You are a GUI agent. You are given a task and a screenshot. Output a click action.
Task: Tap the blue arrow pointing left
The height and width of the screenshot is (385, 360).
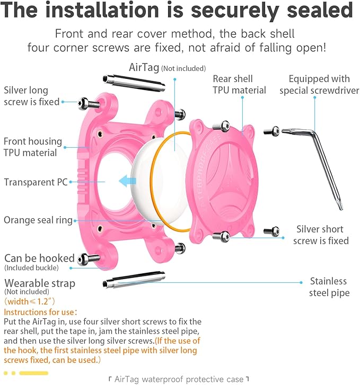pyautogui.click(x=128, y=182)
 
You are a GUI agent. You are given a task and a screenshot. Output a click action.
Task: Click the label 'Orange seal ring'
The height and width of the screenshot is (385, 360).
pyautogui.click(x=38, y=220)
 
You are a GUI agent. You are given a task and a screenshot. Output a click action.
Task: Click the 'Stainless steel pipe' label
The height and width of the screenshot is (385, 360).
pyautogui.click(x=329, y=286)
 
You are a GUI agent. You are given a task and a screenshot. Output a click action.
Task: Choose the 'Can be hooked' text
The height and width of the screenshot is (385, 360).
pyautogui.click(x=39, y=258)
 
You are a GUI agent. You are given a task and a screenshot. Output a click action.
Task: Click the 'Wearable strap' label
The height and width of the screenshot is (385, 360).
pyautogui.click(x=40, y=283)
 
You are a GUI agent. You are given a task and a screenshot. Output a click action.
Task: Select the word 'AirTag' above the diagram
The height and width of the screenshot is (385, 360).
pyautogui.click(x=144, y=68)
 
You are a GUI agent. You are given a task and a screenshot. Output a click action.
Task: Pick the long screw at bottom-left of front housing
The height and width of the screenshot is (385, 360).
pyautogui.click(x=89, y=258)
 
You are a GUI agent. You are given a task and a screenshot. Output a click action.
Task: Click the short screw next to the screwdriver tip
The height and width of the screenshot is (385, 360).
pyautogui.click(x=274, y=129)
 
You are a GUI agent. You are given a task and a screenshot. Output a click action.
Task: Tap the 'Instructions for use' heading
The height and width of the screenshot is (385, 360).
pyautogui.click(x=40, y=312)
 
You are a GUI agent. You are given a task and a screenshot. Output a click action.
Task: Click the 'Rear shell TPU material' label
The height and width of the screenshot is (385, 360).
pyautogui.click(x=239, y=85)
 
